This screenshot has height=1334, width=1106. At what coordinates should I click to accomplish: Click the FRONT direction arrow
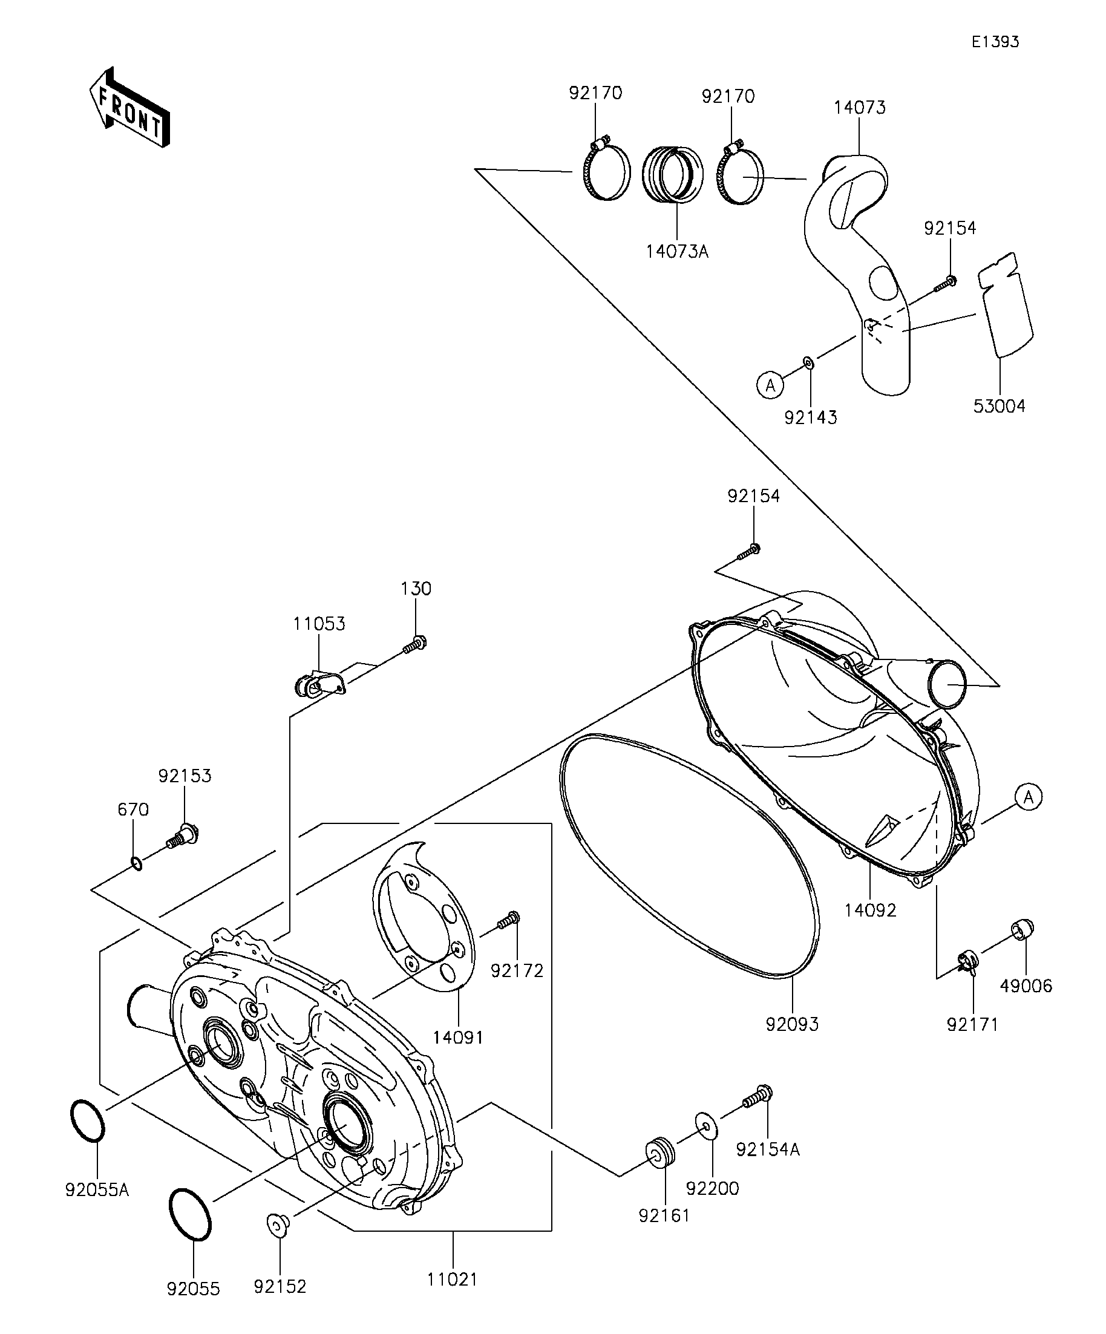129,106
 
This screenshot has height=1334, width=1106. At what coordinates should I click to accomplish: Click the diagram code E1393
995,42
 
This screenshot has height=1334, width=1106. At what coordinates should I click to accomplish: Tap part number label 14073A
677,252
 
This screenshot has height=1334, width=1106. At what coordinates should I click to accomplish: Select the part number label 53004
1000,406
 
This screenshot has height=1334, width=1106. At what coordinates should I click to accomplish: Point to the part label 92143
811,417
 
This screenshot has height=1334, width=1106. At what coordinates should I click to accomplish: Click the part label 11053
319,624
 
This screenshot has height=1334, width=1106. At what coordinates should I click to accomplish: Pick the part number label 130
416,589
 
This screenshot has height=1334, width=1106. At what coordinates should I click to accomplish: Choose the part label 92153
185,776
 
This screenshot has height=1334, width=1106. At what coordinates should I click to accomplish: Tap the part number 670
133,810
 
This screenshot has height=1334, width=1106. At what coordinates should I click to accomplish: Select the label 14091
458,1038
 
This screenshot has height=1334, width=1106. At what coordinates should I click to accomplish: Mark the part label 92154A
768,1149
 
